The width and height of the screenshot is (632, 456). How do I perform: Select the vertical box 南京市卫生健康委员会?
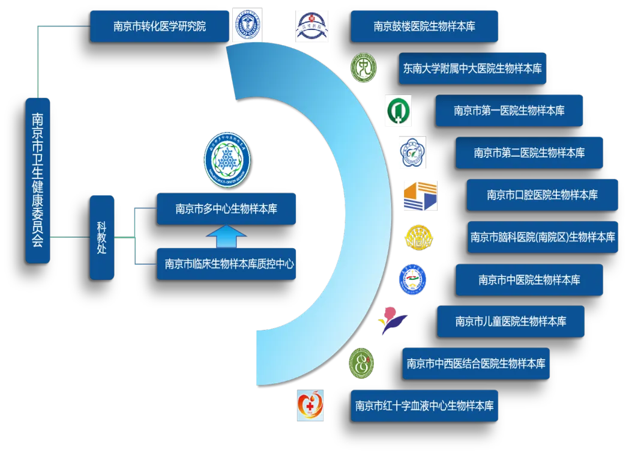[x=37, y=180]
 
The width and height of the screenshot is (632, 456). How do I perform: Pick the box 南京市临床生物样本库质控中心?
[x=226, y=264]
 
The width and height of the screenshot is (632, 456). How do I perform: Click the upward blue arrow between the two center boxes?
[x=226, y=236]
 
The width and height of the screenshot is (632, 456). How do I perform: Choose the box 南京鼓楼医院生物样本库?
[x=424, y=26]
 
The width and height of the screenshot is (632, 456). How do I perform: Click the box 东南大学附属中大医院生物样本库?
[x=472, y=68]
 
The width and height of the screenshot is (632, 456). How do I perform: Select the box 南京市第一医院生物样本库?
[x=509, y=111]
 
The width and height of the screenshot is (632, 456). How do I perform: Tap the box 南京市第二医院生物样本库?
[x=529, y=153]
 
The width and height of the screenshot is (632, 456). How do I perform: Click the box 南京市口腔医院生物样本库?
[x=542, y=195]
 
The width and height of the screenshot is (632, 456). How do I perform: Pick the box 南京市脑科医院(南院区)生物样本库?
[x=542, y=237]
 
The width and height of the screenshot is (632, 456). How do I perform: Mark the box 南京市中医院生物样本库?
[x=529, y=279]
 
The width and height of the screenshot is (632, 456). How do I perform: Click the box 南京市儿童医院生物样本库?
[x=510, y=321]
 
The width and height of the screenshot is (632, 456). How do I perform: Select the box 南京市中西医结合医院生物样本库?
[x=475, y=363]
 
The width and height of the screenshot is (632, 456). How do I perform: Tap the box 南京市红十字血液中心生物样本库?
[x=424, y=405]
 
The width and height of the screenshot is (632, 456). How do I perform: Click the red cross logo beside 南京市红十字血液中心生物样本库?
[x=311, y=405]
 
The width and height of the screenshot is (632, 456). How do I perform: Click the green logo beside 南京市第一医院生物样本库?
[x=398, y=111]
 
